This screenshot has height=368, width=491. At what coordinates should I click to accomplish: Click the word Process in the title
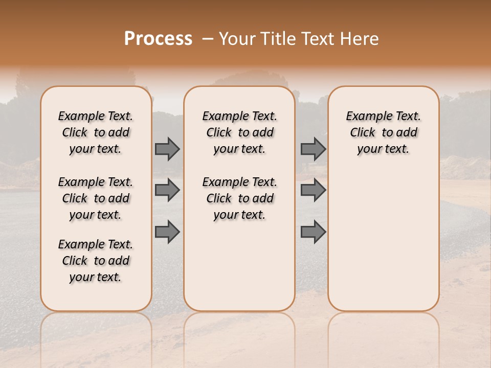(158, 39)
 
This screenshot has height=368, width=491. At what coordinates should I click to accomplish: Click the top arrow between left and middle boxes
(167, 149)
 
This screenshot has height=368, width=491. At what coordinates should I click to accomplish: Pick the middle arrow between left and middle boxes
(167, 190)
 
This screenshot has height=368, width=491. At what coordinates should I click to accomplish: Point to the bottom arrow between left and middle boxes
(167, 232)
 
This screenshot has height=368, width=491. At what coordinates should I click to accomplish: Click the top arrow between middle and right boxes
(313, 149)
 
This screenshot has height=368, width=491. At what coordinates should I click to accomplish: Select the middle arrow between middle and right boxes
(313, 190)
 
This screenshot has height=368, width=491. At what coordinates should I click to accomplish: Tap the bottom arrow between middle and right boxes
(313, 232)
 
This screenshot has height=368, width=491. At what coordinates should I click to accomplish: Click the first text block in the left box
(96, 132)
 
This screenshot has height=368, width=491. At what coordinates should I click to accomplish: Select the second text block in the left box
(96, 198)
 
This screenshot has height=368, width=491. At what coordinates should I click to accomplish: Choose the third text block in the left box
(96, 261)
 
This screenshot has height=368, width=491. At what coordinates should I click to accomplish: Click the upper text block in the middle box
(240, 132)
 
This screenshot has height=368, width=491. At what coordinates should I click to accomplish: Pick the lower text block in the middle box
(240, 198)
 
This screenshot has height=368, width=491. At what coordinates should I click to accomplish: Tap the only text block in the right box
(384, 132)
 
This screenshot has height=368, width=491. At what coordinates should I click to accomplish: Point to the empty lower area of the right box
(384, 235)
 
